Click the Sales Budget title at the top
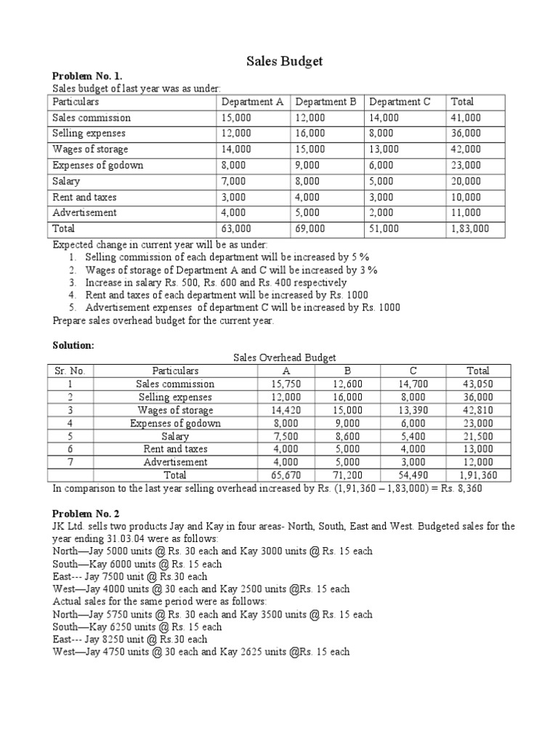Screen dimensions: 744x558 (279, 62)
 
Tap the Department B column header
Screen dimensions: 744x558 (325, 102)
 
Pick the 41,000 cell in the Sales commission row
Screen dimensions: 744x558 (466, 118)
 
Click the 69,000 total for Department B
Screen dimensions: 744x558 (311, 228)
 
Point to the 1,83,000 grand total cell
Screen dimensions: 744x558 (470, 228)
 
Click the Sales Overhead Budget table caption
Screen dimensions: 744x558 (285, 357)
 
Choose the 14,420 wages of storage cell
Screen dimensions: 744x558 (286, 410)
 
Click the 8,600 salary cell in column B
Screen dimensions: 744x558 (347, 437)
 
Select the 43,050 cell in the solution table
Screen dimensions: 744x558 (478, 384)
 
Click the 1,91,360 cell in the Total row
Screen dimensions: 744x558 (478, 475)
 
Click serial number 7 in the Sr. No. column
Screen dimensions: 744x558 (70, 462)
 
